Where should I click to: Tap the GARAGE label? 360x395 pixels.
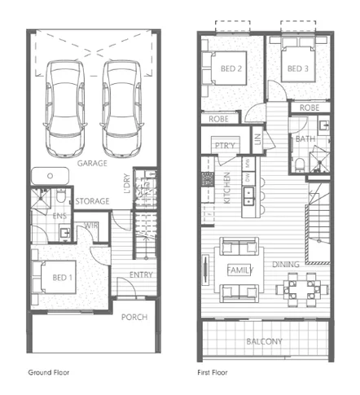click(92, 164)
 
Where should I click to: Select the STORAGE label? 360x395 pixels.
click(92, 201)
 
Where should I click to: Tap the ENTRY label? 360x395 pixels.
click(140, 275)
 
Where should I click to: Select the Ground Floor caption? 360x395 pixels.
click(49, 372)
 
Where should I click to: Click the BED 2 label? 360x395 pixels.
click(232, 69)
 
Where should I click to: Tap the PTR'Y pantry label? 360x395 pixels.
click(225, 146)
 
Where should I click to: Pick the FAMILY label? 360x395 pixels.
click(239, 270)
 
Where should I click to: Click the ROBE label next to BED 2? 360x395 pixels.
click(217, 119)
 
